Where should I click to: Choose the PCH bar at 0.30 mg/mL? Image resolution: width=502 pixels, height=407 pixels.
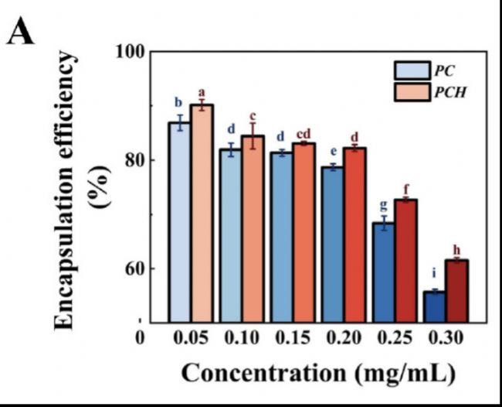pyautogui.click(x=456, y=291)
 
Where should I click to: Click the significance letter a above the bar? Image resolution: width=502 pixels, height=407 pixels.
pyautogui.click(x=202, y=92)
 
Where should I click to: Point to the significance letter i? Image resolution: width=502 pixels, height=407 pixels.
pyautogui.click(x=434, y=273)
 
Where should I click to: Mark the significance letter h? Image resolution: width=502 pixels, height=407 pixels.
pyautogui.click(x=456, y=249)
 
